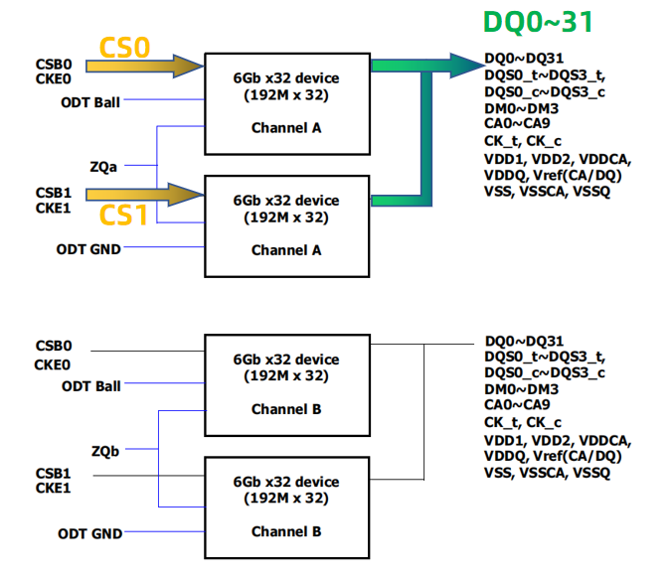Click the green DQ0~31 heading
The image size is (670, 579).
coord(538,22)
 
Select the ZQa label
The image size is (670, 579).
coord(103,167)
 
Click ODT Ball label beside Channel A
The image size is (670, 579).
coord(90,102)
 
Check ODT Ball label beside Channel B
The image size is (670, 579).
coord(90,386)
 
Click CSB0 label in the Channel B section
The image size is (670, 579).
coord(54,347)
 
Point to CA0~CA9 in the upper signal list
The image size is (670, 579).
coord(517,123)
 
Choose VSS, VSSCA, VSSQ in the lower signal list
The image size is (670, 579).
coord(547,474)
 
